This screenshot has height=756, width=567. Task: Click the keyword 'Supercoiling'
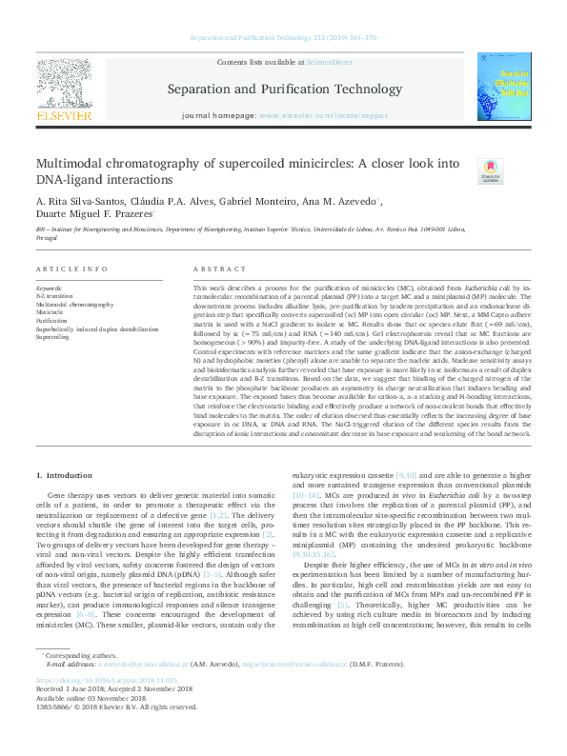click(x=53, y=338)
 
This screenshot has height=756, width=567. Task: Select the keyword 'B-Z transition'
click(x=55, y=296)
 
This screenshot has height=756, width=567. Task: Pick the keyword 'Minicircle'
click(x=50, y=312)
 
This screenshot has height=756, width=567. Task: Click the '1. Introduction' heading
click(x=66, y=474)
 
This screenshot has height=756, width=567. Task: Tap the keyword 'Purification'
click(x=51, y=321)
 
